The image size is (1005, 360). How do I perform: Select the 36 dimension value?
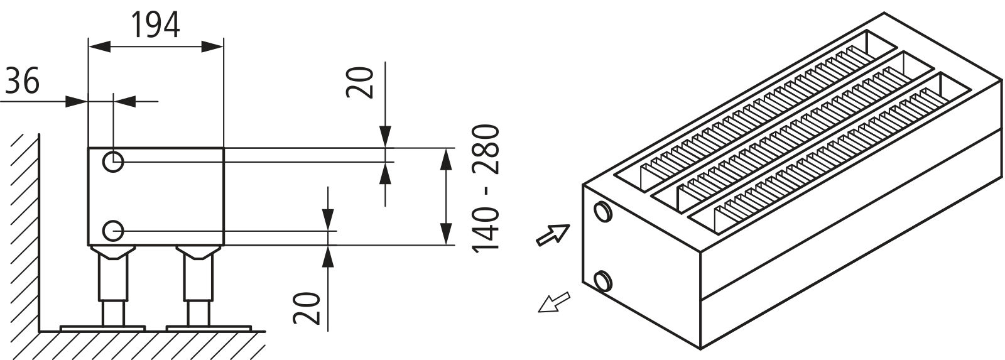pos(23,81)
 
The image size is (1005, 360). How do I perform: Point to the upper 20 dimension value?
pos(360,89)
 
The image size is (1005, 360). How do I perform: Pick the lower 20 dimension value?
pos(307,308)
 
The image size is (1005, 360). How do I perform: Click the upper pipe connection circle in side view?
pos(113,161)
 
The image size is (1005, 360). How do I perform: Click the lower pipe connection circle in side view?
pos(113,231)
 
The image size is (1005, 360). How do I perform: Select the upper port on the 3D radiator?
pos(602,212)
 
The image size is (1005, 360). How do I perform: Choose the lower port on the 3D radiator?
pos(602,281)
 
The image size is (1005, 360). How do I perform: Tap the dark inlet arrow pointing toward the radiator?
pos(553,235)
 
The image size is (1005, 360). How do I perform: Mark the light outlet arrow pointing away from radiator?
pos(553,302)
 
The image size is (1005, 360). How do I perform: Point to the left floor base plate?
pos(103,328)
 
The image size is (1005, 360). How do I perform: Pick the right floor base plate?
pos(209,328)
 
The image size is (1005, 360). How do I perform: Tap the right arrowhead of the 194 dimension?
pos(212,46)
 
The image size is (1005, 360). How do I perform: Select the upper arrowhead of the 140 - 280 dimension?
pos(445,159)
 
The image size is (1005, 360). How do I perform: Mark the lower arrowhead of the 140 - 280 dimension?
pos(445,234)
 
